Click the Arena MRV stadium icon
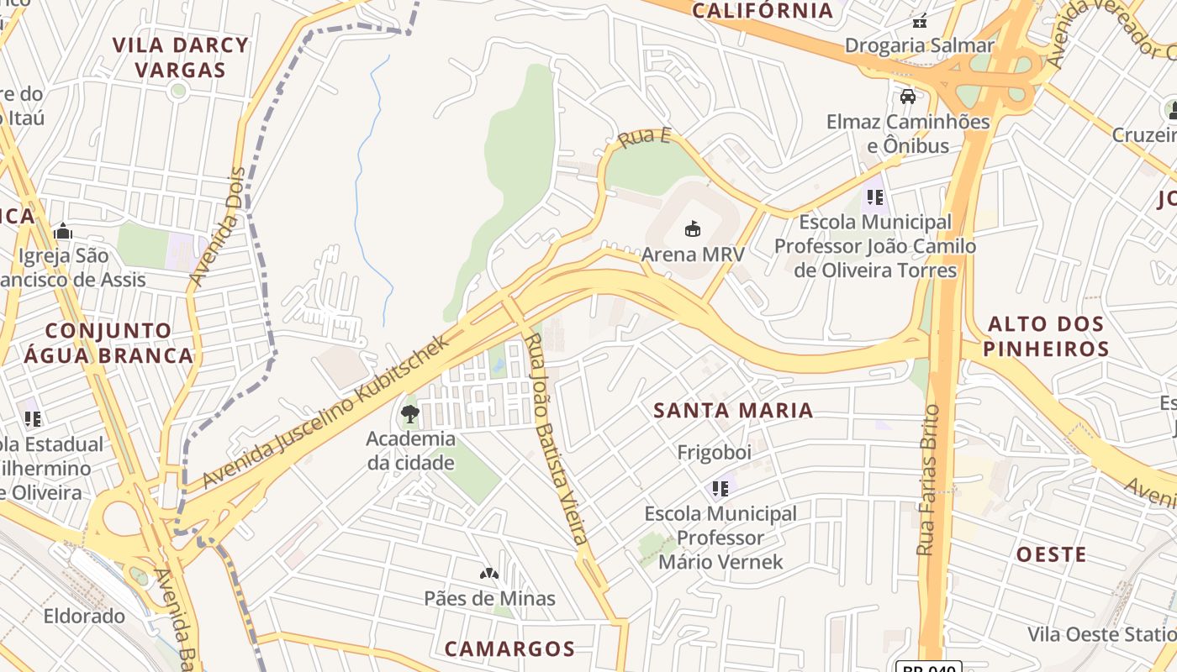click(693, 228)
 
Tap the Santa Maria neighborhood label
click(733, 411)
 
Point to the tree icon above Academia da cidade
click(410, 413)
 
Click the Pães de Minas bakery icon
click(489, 574)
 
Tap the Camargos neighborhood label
click(509, 648)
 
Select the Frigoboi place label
click(714, 453)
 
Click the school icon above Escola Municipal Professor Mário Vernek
click(720, 488)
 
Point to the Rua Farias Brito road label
click(927, 480)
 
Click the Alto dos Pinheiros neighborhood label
click(1046, 336)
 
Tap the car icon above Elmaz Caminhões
click(908, 97)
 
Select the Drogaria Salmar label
click(920, 45)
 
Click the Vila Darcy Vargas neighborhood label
click(181, 57)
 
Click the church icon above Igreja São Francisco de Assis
click(62, 232)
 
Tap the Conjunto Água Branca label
click(108, 343)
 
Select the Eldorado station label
click(84, 616)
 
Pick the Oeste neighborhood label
click(1051, 554)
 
